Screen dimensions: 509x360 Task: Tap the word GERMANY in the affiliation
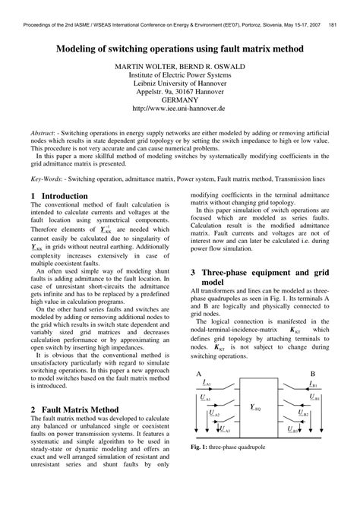tap(180, 100)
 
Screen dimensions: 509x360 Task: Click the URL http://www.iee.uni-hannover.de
tap(180, 109)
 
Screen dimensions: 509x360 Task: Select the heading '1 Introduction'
tap(60, 197)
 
